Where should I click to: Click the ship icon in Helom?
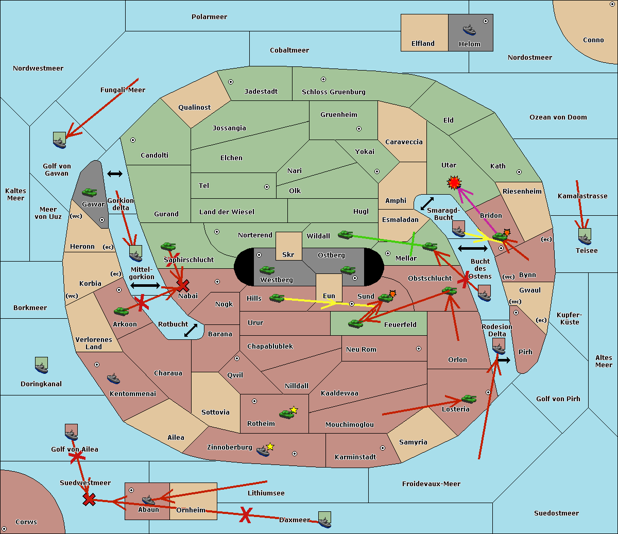pyautogui.click(x=469, y=29)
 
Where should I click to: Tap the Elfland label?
pyautogui.click(x=423, y=44)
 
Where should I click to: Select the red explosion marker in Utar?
pyautogui.click(x=454, y=182)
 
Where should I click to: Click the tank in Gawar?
pyautogui.click(x=89, y=193)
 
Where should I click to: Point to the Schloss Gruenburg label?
pyautogui.click(x=333, y=92)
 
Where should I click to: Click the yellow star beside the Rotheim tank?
pyautogui.click(x=294, y=410)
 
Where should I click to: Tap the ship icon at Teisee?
pyautogui.click(x=585, y=236)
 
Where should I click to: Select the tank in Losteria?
pyautogui.click(x=468, y=399)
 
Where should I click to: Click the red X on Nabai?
pyautogui.click(x=182, y=285)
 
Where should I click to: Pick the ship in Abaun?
pyautogui.click(x=148, y=500)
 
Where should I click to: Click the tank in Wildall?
pyautogui.click(x=345, y=235)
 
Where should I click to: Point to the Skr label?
pyautogui.click(x=288, y=255)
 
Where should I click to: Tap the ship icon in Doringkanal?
pyautogui.click(x=42, y=365)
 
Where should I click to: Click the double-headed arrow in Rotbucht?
pyautogui.click(x=191, y=330)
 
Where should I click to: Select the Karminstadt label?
pyautogui.click(x=355, y=457)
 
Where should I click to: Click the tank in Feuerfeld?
pyautogui.click(x=355, y=323)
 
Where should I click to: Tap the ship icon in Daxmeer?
pyautogui.click(x=324, y=520)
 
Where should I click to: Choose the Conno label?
pyautogui.click(x=593, y=40)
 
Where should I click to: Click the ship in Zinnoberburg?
pyautogui.click(x=263, y=451)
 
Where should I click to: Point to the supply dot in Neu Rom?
pyautogui.click(x=419, y=349)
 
